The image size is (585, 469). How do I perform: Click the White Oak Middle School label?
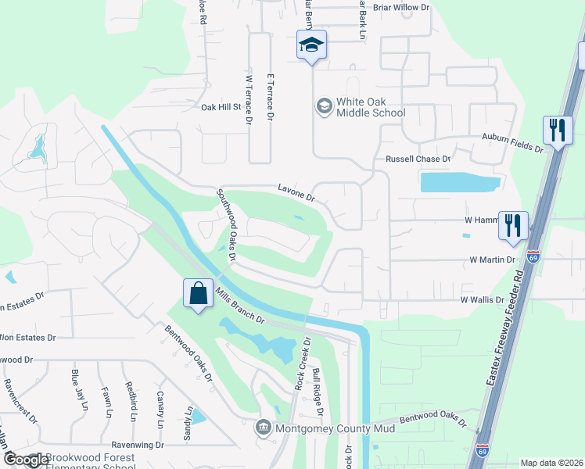click(x=370, y=106)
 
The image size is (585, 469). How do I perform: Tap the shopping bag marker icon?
click(x=199, y=294)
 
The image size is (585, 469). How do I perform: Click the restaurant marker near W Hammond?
click(x=513, y=225)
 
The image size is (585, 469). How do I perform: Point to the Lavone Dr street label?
click(x=296, y=192)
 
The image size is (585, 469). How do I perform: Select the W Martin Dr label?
click(x=493, y=259)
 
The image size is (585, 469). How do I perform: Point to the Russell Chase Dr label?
click(x=419, y=159)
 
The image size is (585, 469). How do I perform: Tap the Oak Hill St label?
click(x=221, y=107)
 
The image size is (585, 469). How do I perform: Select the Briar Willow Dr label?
click(x=402, y=7)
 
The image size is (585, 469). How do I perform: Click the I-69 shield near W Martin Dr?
click(x=533, y=256)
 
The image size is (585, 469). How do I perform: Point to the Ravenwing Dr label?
click(x=137, y=445)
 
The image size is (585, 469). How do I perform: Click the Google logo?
click(x=25, y=460)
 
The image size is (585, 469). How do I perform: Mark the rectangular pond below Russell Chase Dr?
click(x=460, y=182)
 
